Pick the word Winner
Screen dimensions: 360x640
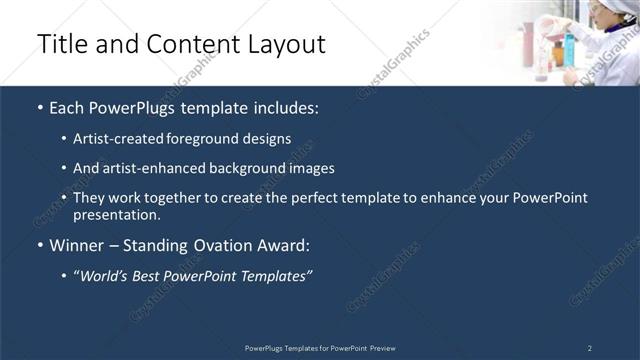tap(75, 245)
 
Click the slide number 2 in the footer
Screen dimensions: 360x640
tap(590, 348)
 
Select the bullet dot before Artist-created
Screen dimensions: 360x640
tap(65, 140)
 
